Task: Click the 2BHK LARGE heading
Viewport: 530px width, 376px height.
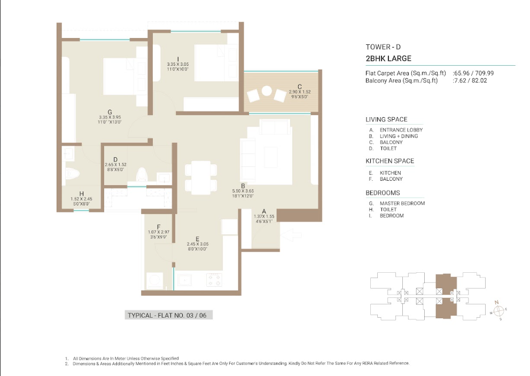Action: (388, 58)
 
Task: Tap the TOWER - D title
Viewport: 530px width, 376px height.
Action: (383, 47)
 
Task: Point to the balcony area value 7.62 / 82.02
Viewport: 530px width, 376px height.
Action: (471, 81)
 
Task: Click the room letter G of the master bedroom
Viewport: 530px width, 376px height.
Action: (110, 112)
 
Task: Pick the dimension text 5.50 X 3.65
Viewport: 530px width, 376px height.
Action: (243, 191)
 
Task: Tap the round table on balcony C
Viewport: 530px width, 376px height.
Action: (267, 91)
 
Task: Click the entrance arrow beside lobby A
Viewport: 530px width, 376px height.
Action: (291, 235)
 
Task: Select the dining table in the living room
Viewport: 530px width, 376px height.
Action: (201, 178)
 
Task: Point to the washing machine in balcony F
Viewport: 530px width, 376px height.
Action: (154, 281)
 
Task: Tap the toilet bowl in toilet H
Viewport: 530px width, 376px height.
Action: (72, 174)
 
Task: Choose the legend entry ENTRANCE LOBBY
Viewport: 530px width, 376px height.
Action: (401, 130)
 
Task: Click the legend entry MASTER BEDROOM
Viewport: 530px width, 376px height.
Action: (402, 203)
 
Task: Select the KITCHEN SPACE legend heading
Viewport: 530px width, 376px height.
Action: (389, 161)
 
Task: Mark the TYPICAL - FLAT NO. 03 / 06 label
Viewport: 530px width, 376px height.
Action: (167, 316)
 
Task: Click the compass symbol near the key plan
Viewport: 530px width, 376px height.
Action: (498, 310)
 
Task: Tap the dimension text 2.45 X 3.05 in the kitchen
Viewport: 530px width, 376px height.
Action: (198, 244)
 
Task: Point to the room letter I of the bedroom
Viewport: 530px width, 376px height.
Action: (178, 59)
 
